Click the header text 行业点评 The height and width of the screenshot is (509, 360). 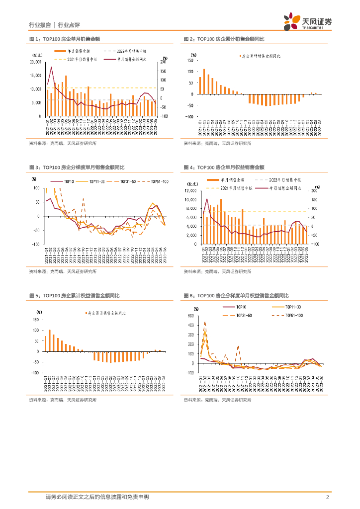69,25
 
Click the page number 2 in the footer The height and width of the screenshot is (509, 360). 327,497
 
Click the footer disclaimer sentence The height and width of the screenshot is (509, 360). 97,497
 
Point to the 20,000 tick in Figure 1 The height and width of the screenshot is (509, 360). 35,62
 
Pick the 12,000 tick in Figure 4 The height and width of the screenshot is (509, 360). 191,190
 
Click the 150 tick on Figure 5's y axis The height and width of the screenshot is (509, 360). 36,320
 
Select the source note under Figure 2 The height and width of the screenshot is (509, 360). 217,144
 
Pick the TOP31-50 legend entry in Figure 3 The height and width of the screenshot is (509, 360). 125,182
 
